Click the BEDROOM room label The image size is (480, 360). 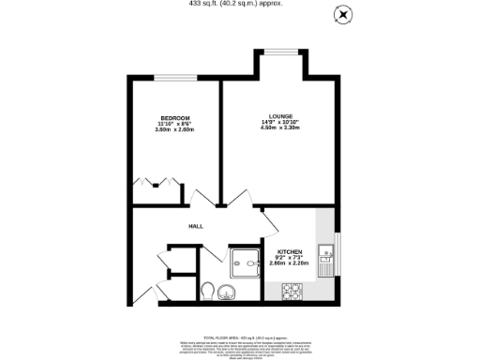click(x=174, y=117)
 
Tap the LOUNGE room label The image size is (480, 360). click(x=281, y=116)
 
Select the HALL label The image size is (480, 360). click(x=196, y=226)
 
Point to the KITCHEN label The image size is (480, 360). click(x=289, y=251)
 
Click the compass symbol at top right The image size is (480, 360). click(x=344, y=15)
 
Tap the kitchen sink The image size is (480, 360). click(x=325, y=256)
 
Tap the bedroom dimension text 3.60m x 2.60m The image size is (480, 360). click(x=174, y=129)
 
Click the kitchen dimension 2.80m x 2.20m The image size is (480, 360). click(x=289, y=263)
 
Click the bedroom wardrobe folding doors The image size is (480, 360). click(x=157, y=180)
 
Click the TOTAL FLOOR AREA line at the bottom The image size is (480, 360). click(x=239, y=335)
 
